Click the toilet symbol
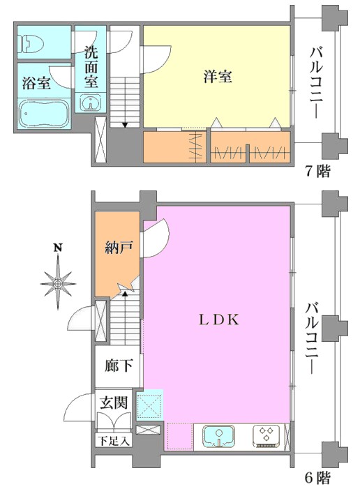[31, 43]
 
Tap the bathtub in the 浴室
[44, 114]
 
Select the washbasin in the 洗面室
[91, 102]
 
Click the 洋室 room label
[218, 77]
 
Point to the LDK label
[219, 320]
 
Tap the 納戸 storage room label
[118, 247]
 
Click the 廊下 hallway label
[118, 366]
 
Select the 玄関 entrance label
[114, 403]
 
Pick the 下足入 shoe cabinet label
[114, 441]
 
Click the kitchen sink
[218, 437]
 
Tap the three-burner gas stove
[266, 437]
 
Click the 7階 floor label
[317, 172]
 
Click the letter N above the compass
[57, 248]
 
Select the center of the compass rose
[58, 284]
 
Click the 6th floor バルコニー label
[313, 338]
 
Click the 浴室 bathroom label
[36, 83]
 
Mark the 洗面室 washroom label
[91, 68]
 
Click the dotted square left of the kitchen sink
[180, 436]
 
